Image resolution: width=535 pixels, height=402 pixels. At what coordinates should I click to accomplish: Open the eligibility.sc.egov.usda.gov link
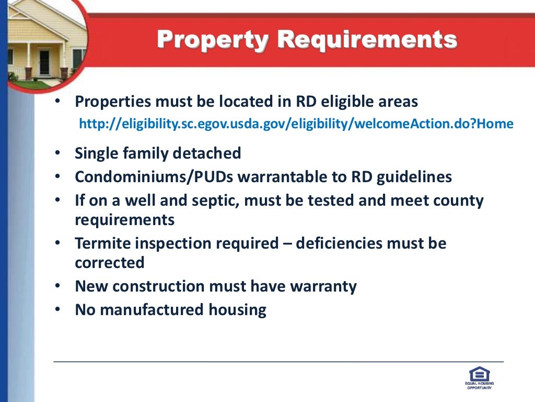[x=296, y=124]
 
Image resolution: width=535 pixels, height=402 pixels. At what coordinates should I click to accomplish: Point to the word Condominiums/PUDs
[x=154, y=177]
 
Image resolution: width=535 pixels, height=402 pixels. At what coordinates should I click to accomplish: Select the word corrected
[x=110, y=262]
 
